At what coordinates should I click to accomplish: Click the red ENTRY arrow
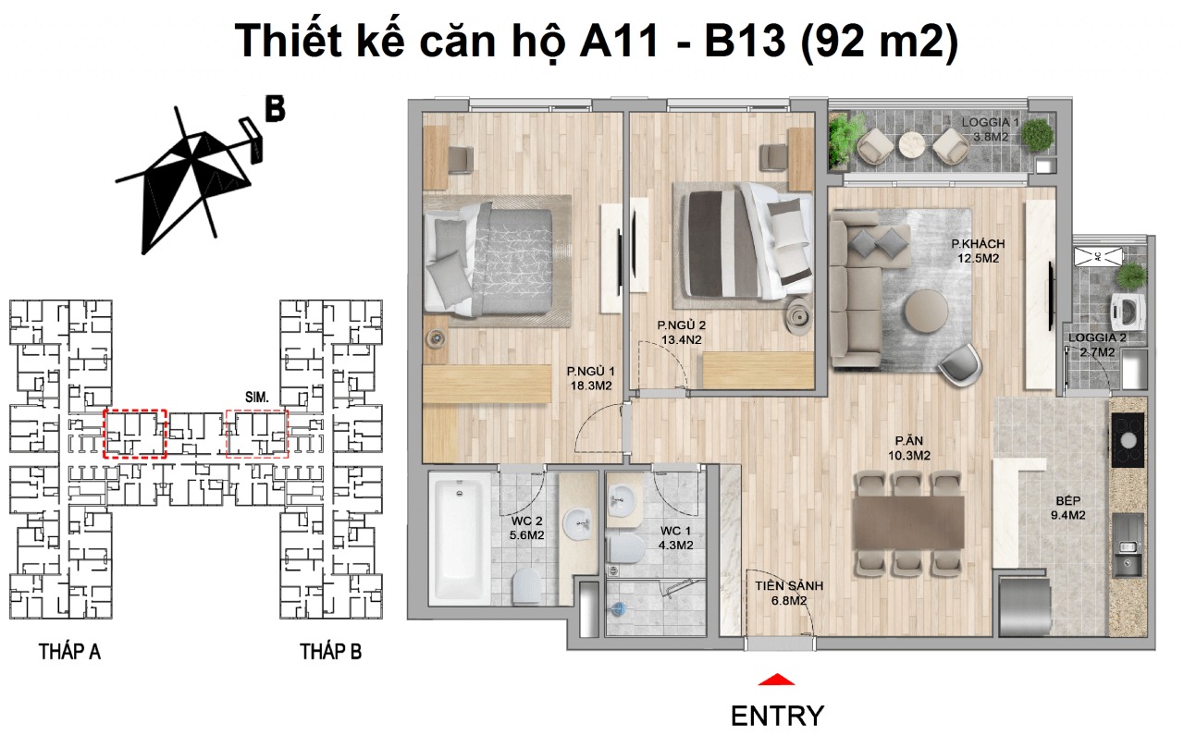[x=776, y=681]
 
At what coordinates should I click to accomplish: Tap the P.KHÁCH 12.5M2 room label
[x=979, y=251]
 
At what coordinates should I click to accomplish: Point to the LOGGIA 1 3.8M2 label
[x=990, y=129]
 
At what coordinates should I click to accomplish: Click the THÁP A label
[x=69, y=652]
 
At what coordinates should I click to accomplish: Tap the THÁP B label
[x=330, y=652]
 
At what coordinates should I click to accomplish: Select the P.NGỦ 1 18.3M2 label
[x=591, y=380]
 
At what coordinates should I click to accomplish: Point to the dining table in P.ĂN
[x=907, y=523]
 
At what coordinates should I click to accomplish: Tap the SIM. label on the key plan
[x=257, y=397]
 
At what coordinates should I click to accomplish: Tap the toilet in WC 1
[x=626, y=548]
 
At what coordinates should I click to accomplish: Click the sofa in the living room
[x=853, y=287]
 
